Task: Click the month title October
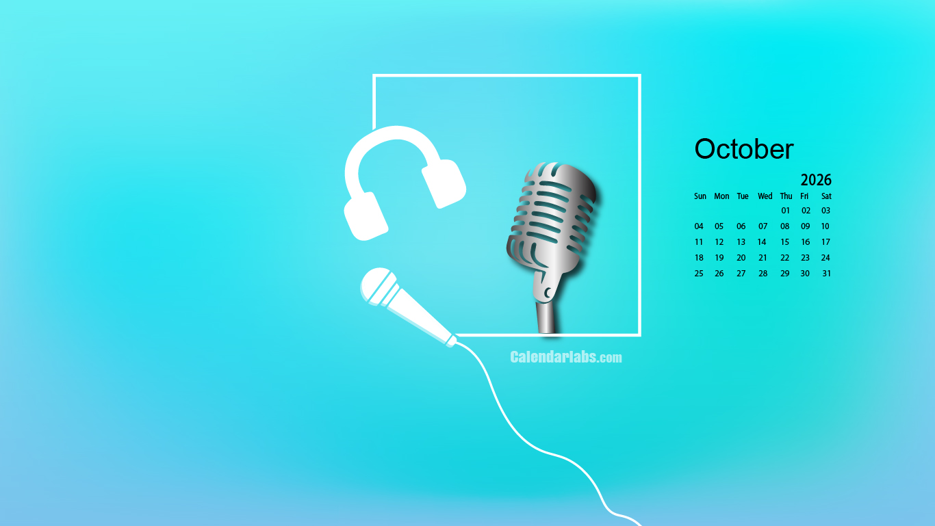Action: [x=744, y=149]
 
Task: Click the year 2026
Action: [x=816, y=180]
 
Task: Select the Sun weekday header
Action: [x=700, y=196]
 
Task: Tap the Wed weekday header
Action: [x=765, y=196]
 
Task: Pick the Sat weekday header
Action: [x=826, y=196]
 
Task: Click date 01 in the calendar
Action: [x=786, y=211]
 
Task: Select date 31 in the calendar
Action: [x=826, y=274]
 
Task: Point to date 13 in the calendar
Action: [x=741, y=242]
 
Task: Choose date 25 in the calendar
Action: [x=699, y=274]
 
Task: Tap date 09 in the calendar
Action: [x=805, y=226]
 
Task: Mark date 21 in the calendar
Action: [x=763, y=258]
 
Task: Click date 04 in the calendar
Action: [x=699, y=226]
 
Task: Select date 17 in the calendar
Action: [x=825, y=242]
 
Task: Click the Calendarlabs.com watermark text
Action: [x=566, y=357]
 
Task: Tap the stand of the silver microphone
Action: [x=546, y=316]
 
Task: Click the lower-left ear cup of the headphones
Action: [x=366, y=217]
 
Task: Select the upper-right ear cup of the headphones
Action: [x=444, y=183]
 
